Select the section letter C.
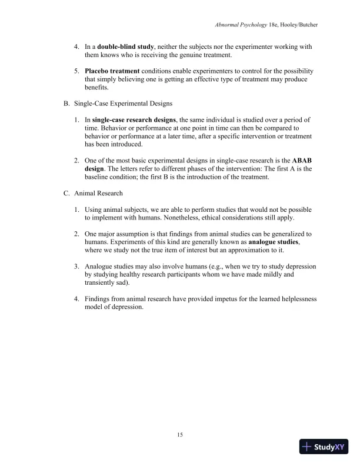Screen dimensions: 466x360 click(x=66, y=193)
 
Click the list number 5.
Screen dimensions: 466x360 click(x=76, y=71)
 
